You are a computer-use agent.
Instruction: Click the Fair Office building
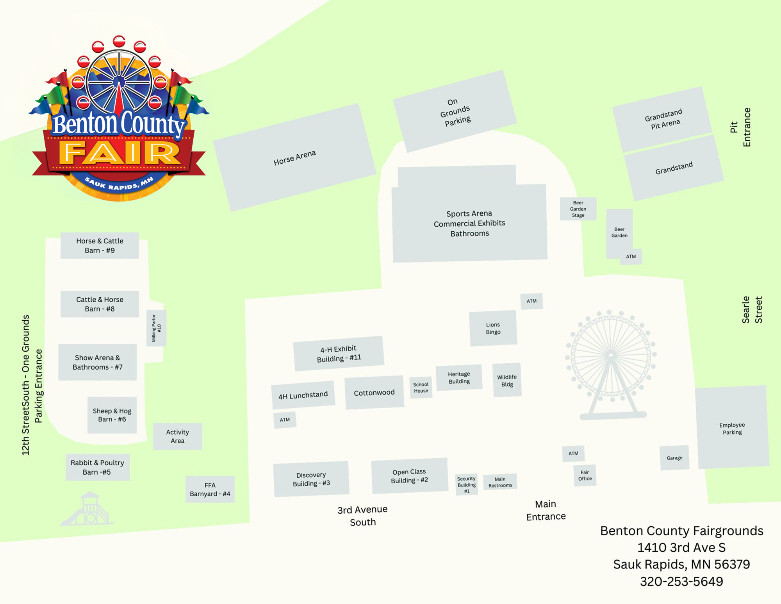tap(585, 475)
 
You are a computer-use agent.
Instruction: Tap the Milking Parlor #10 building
tap(156, 328)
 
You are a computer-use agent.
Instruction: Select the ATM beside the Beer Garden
tap(631, 257)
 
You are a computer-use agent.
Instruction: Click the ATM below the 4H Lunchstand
tap(285, 420)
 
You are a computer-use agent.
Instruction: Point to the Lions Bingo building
tap(493, 328)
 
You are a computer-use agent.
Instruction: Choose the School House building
tap(421, 388)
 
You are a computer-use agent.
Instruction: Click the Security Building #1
tap(467, 485)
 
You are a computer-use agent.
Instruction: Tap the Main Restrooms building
tap(500, 482)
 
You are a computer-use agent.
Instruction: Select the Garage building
tap(674, 458)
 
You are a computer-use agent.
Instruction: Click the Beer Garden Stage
tap(578, 209)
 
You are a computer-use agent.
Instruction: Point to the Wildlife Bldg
tap(507, 380)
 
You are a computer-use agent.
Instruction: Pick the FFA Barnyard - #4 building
tap(210, 490)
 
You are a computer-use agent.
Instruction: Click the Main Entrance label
tap(546, 510)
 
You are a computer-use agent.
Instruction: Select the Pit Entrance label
tap(740, 127)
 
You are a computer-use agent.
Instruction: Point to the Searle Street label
tap(752, 310)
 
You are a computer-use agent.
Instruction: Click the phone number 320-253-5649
tap(681, 581)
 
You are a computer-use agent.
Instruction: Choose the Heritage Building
tap(459, 378)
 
